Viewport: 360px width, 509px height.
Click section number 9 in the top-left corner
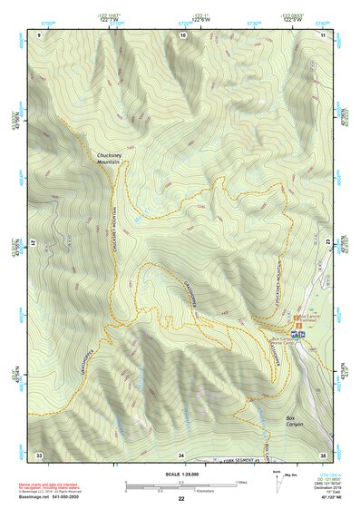click(x=40, y=34)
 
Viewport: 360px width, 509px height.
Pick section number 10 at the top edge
click(x=183, y=34)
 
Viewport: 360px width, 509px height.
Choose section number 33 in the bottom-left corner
click(x=39, y=454)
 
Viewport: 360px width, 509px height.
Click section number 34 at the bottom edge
click(x=181, y=454)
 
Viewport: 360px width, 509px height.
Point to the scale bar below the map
click(x=181, y=487)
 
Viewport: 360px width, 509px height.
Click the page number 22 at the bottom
click(x=181, y=499)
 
